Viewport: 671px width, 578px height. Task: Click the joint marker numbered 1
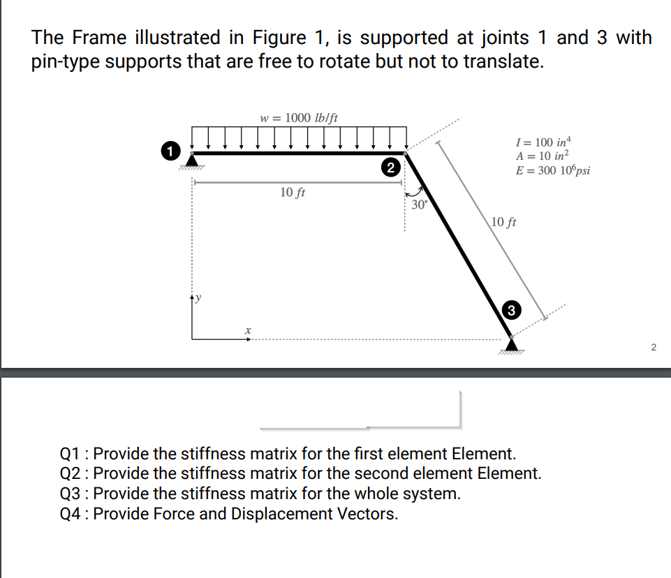tap(168, 149)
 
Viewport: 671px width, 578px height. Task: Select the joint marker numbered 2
tap(391, 167)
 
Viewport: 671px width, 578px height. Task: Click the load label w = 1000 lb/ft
tap(299, 117)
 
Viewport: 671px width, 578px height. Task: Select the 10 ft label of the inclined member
tap(503, 223)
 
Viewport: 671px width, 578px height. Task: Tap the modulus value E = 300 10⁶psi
tap(552, 171)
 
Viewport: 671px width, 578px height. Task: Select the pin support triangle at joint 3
tap(513, 343)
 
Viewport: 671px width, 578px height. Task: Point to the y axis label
tap(198, 298)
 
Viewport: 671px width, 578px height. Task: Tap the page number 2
tap(654, 347)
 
